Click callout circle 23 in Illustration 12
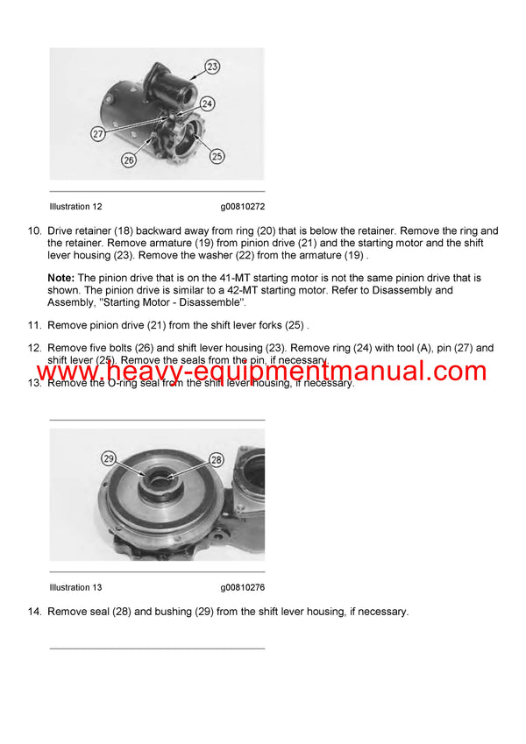(211, 66)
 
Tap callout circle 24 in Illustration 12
(207, 104)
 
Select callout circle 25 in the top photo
(216, 156)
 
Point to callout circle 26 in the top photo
(128, 160)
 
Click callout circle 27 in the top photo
(97, 133)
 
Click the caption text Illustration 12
(75, 207)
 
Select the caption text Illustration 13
(75, 587)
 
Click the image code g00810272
(243, 207)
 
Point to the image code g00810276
(243, 587)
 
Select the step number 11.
(34, 325)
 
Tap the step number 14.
(34, 612)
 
